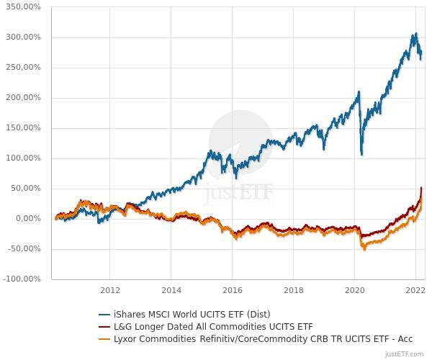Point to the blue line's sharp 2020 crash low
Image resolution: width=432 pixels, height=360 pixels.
tap(361, 154)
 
